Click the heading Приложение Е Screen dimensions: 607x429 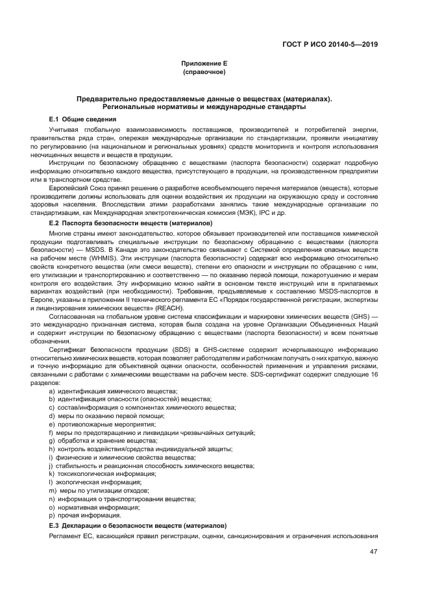(203, 64)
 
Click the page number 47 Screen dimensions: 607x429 (373, 552)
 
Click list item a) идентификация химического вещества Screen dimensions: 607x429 (104, 391)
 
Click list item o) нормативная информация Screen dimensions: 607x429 (94, 507)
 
